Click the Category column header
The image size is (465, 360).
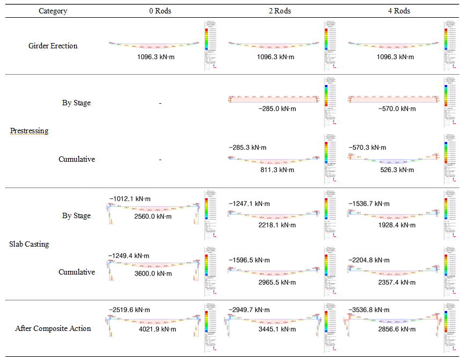tap(53, 11)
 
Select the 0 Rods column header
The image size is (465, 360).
tap(160, 11)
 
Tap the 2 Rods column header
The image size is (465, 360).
tap(279, 11)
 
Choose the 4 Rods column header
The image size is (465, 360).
tap(398, 11)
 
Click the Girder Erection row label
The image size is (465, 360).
tap(53, 46)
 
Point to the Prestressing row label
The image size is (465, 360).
tap(29, 131)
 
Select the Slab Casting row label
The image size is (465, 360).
tap(29, 244)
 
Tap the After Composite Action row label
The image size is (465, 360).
tap(53, 328)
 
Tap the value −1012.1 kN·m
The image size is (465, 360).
tap(129, 199)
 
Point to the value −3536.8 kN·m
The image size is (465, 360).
tap(370, 310)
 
